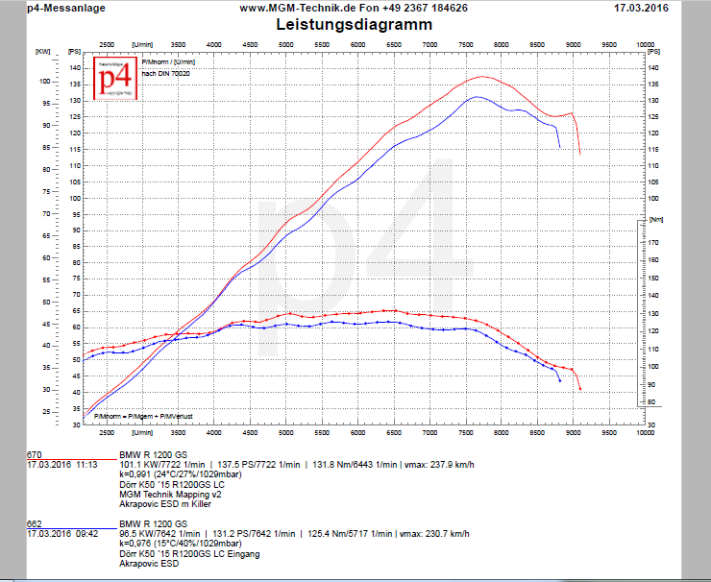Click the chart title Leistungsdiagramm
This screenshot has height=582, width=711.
pyautogui.click(x=354, y=25)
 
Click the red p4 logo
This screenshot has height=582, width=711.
pyautogui.click(x=115, y=77)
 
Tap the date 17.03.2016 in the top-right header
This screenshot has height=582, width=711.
pyautogui.click(x=641, y=8)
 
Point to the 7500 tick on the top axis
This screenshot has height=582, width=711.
pyautogui.click(x=465, y=44)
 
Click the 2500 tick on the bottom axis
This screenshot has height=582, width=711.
pyautogui.click(x=107, y=433)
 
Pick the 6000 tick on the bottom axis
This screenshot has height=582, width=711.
pyautogui.click(x=357, y=433)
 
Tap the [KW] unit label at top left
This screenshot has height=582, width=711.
pyautogui.click(x=42, y=51)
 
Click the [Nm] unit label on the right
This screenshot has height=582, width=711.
pyautogui.click(x=656, y=219)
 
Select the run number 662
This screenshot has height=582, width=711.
pyautogui.click(x=34, y=524)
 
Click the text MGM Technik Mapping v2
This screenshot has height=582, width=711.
pyautogui.click(x=163, y=494)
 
